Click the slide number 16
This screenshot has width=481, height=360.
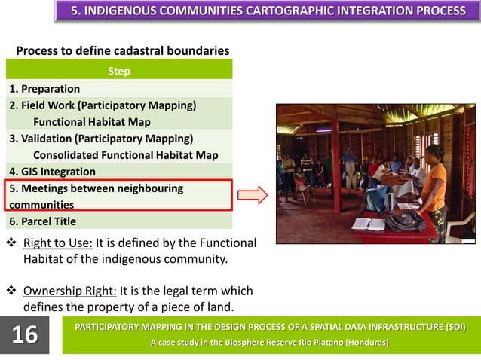(x=25, y=334)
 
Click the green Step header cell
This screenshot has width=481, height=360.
(x=119, y=71)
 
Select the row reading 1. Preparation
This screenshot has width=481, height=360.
(x=44, y=89)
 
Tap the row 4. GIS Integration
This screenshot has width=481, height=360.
(x=53, y=172)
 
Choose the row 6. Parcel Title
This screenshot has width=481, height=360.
(x=43, y=221)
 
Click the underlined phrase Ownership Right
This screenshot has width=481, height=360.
(x=70, y=291)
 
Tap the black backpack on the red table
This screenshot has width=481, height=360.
(x=406, y=221)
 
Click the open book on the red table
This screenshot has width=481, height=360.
(x=369, y=224)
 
